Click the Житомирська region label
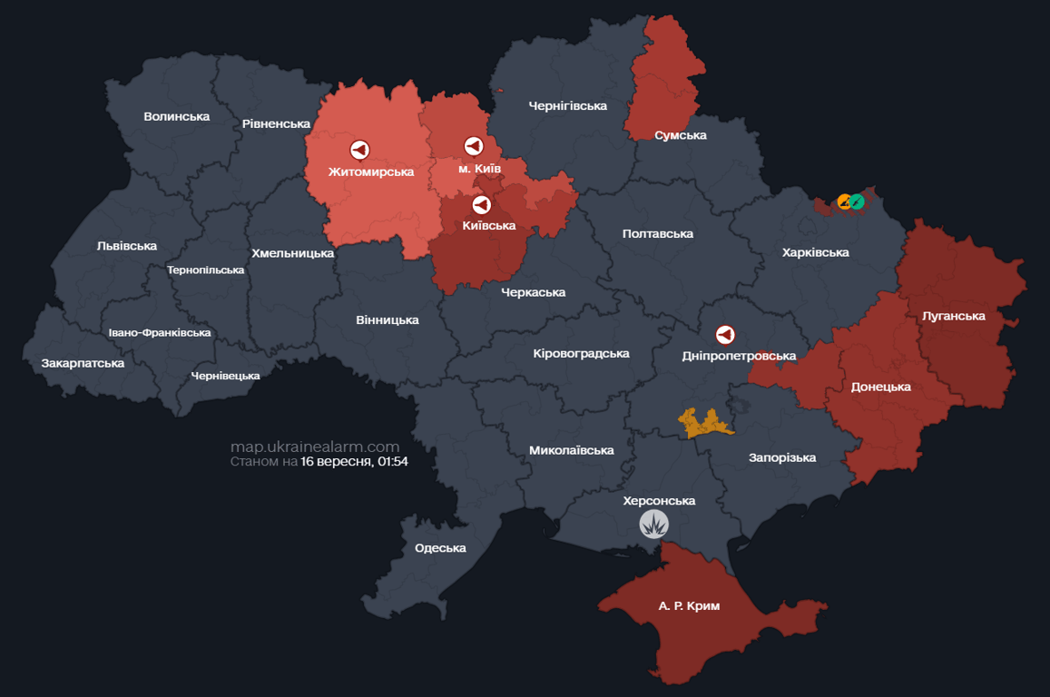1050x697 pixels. point(370,172)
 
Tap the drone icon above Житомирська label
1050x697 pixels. point(359,150)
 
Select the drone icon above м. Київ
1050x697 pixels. point(473,146)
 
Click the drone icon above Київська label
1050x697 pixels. point(481,205)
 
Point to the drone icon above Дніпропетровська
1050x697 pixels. point(725,336)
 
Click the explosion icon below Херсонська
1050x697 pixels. point(653,524)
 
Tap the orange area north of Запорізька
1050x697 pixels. point(704,422)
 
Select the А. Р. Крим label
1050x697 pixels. point(689,605)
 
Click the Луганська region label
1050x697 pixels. point(953,316)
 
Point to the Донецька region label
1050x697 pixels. point(880,387)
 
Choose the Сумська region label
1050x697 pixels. point(680,135)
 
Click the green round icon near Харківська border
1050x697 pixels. point(855,201)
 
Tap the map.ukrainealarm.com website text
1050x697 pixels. point(314,447)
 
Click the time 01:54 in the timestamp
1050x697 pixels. point(393,462)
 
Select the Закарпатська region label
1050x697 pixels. point(83,363)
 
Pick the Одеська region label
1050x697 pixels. point(440,547)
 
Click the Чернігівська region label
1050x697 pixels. point(567,106)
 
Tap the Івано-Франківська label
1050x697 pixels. point(160,332)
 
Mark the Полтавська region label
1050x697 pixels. point(657,233)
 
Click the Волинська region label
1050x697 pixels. point(176,116)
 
